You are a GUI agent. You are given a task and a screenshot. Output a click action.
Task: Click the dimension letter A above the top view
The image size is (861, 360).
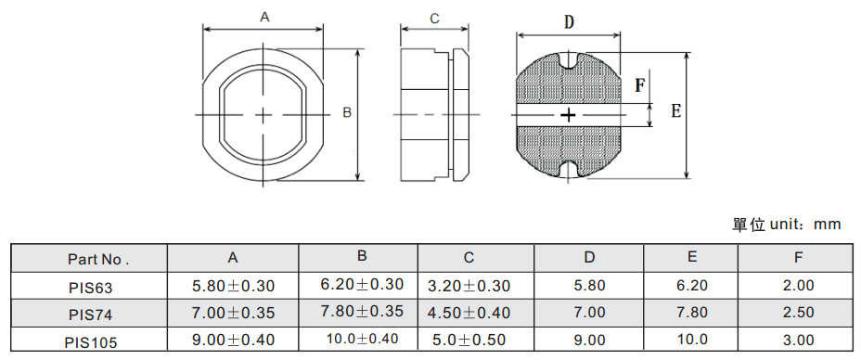(x=264, y=18)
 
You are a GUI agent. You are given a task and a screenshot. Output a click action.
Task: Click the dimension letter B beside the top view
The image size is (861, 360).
(x=347, y=113)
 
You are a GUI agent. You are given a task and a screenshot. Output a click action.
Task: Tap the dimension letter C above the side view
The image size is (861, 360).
(x=434, y=19)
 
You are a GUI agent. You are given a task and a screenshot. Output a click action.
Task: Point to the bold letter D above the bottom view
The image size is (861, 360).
(x=570, y=22)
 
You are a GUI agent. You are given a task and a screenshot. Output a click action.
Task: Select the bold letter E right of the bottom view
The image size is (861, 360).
(x=676, y=111)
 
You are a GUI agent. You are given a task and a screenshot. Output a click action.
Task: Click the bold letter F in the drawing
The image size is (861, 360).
(x=640, y=85)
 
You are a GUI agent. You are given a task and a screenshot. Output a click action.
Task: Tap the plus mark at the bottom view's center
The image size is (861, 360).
(x=569, y=115)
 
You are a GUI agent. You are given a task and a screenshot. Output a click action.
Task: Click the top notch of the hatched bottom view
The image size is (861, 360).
(x=569, y=60)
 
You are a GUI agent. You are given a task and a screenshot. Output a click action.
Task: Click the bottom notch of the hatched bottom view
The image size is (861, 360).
(x=569, y=170)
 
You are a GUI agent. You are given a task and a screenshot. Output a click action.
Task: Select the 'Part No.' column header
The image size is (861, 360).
(x=98, y=259)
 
